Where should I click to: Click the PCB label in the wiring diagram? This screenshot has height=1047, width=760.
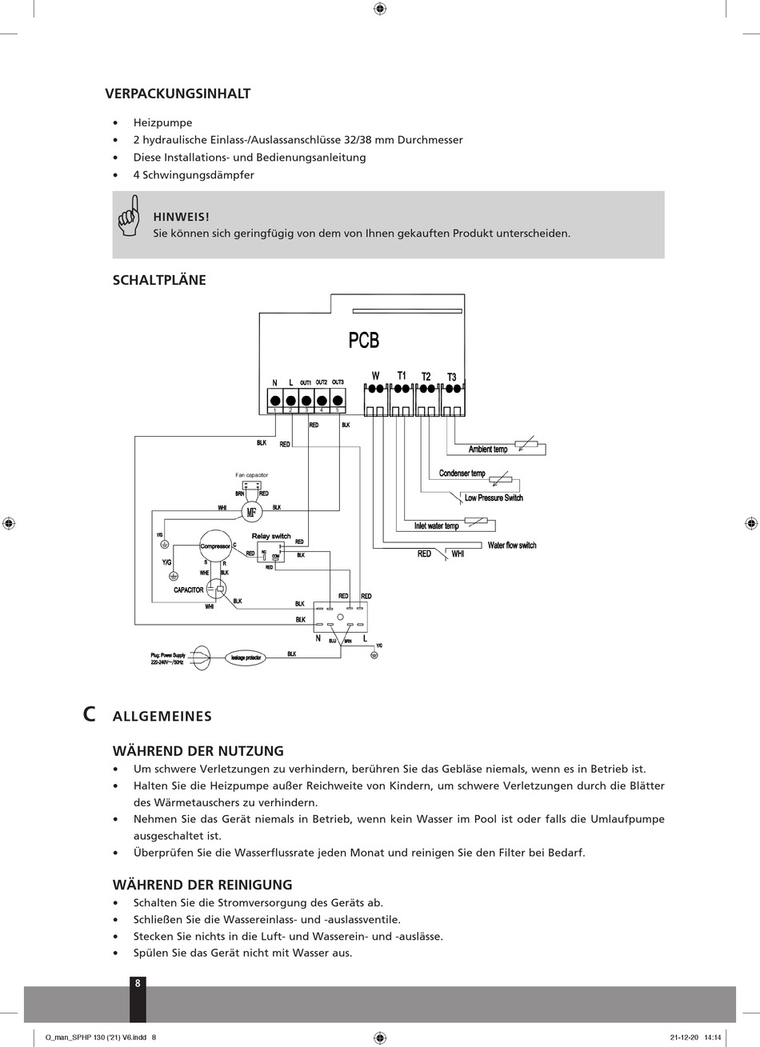point(363,340)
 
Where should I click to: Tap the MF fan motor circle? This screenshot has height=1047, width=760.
point(251,513)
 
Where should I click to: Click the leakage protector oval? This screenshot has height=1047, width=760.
point(246,657)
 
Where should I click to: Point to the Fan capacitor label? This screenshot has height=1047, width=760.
point(251,475)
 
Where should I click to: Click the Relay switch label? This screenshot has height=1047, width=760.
point(271,536)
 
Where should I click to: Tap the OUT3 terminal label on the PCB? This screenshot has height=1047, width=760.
point(338,382)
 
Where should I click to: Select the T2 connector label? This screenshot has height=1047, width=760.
point(426,377)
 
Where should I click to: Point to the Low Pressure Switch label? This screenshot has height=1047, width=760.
point(494,498)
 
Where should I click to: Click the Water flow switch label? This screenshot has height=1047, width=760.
point(512,545)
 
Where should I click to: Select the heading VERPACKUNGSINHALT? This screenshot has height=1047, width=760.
point(178,94)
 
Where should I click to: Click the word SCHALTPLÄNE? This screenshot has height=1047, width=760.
point(159,280)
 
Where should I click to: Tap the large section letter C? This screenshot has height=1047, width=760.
point(90,714)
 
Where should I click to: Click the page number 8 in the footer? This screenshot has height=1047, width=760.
point(138,983)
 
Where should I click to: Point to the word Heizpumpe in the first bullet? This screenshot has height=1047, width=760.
point(162,122)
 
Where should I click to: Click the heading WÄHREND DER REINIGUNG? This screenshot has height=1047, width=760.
point(202,885)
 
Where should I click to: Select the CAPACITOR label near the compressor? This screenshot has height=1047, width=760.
point(189,590)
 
